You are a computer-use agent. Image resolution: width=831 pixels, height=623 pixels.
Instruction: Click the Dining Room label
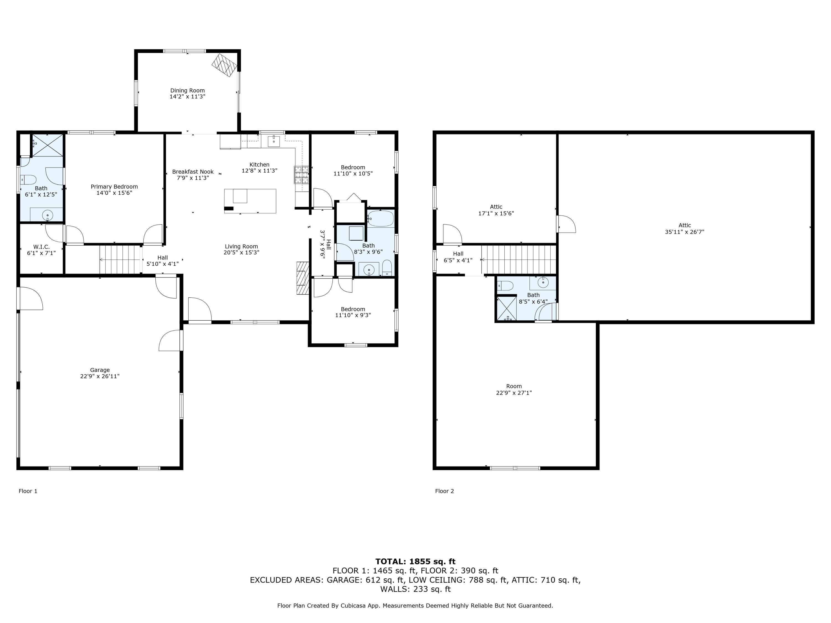pyautogui.click(x=188, y=91)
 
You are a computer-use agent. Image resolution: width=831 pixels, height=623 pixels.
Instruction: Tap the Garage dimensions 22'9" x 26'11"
pyautogui.click(x=100, y=376)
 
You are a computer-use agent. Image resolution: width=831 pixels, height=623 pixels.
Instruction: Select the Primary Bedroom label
pyautogui.click(x=114, y=187)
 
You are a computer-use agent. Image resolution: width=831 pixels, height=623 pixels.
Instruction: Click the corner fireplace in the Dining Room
pyautogui.click(x=225, y=65)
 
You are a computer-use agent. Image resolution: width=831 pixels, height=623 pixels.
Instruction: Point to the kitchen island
pyautogui.click(x=250, y=201)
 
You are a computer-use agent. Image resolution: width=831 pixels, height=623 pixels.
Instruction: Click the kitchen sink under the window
pyautogui.click(x=273, y=141)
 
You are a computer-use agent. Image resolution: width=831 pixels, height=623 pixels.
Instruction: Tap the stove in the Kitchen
pyautogui.click(x=302, y=175)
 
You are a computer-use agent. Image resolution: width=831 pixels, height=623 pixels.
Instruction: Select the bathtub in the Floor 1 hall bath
pyautogui.click(x=381, y=218)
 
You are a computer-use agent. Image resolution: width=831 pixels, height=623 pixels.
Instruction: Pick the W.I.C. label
pyautogui.click(x=41, y=247)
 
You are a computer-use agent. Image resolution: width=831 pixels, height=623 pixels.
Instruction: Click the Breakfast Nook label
pyautogui.click(x=193, y=172)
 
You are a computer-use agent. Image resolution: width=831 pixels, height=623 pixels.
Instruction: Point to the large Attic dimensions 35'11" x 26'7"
pyautogui.click(x=684, y=232)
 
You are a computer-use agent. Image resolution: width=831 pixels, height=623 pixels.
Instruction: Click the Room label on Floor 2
pyautogui.click(x=514, y=386)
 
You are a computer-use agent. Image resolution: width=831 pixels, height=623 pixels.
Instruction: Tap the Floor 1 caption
pyautogui.click(x=28, y=491)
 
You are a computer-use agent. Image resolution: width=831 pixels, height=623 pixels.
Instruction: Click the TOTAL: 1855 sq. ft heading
pyautogui.click(x=416, y=562)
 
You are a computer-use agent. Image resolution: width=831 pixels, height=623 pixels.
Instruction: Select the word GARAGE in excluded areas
pyautogui.click(x=344, y=580)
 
